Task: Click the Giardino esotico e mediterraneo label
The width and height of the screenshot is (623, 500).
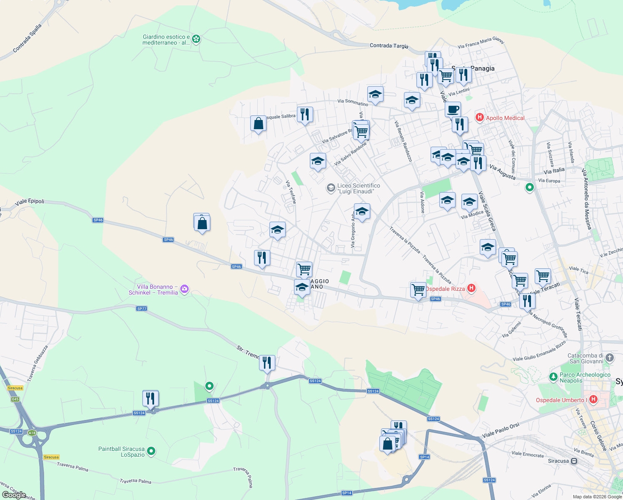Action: tap(166, 40)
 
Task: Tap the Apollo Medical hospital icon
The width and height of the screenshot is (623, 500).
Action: tap(479, 117)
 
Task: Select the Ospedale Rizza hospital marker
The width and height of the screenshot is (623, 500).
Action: tap(471, 288)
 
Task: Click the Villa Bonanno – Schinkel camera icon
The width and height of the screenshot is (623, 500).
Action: tap(184, 289)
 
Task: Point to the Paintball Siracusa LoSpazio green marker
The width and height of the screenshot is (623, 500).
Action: tap(152, 451)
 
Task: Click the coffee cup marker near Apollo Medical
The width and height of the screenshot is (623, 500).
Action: tap(453, 110)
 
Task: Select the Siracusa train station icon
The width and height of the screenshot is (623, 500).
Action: tap(574, 461)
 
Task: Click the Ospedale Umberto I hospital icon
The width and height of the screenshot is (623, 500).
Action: tap(593, 400)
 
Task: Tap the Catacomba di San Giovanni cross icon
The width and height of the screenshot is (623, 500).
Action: tap(609, 357)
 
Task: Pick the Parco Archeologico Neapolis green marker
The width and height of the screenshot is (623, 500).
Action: tap(553, 377)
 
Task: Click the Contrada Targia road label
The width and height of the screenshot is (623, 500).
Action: tap(389, 46)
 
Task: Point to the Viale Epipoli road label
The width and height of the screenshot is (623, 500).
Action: tap(30, 202)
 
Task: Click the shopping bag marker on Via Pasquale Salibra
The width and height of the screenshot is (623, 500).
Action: tap(258, 123)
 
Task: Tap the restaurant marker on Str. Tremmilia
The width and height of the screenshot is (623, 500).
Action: tap(267, 362)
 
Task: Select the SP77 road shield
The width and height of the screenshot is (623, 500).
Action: tap(142, 309)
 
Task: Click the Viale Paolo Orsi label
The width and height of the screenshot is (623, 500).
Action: tap(501, 430)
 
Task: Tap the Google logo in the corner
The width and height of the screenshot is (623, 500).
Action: tap(14, 495)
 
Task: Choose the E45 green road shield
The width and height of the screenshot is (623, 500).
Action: tap(15, 399)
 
